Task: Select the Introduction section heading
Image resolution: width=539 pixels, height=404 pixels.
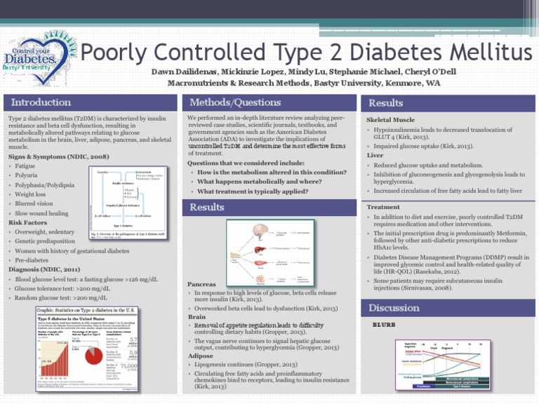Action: click(x=41, y=103)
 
